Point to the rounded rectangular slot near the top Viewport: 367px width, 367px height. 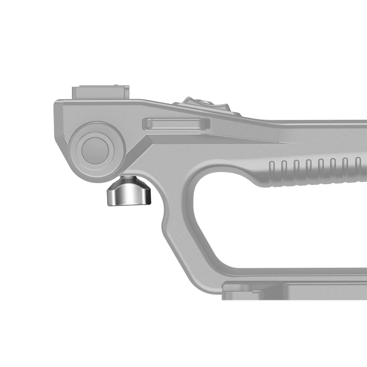click(176, 124)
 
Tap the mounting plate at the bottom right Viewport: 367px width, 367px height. click(294, 292)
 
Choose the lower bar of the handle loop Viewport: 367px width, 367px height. click(294, 274)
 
